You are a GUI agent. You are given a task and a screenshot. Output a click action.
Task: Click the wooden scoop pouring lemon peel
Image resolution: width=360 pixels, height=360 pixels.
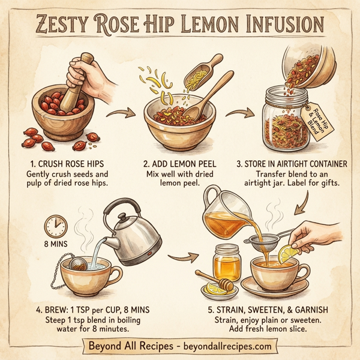(204, 76)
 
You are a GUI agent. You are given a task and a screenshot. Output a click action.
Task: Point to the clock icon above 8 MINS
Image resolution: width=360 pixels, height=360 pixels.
(56, 227)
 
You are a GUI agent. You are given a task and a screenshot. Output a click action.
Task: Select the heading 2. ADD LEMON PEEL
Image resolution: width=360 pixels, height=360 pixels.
(180, 163)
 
